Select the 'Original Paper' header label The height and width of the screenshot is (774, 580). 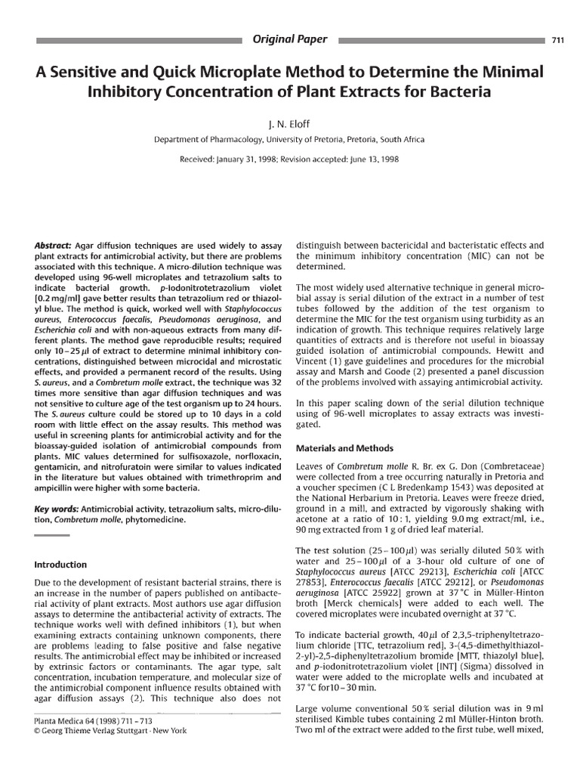click(x=290, y=39)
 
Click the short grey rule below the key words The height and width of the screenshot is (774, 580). click(x=52, y=536)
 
